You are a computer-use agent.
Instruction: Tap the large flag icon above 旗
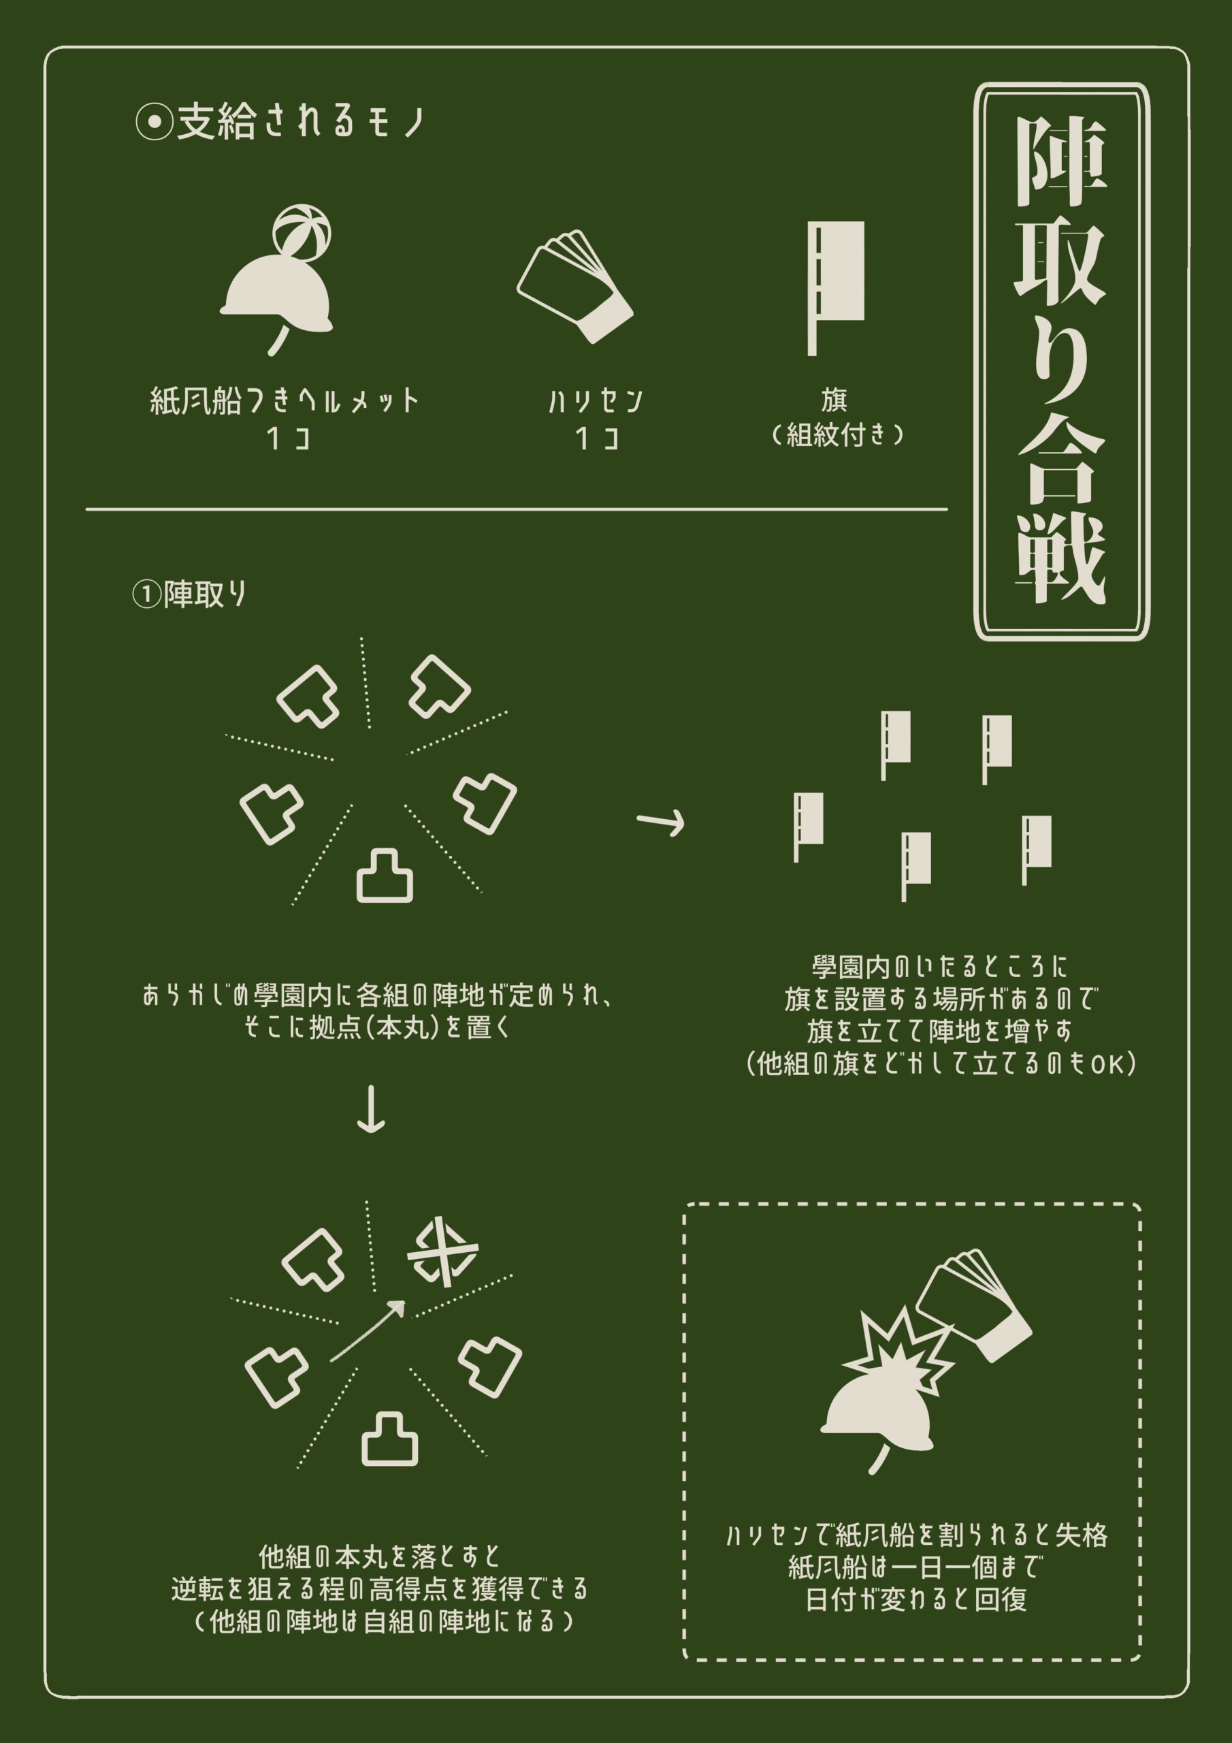(835, 289)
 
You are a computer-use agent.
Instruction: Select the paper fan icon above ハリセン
(574, 286)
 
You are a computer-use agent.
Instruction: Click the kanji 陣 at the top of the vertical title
(1060, 163)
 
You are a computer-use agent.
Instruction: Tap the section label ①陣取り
(189, 594)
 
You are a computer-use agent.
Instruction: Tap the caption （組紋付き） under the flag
(836, 435)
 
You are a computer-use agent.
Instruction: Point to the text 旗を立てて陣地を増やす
(940, 1031)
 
